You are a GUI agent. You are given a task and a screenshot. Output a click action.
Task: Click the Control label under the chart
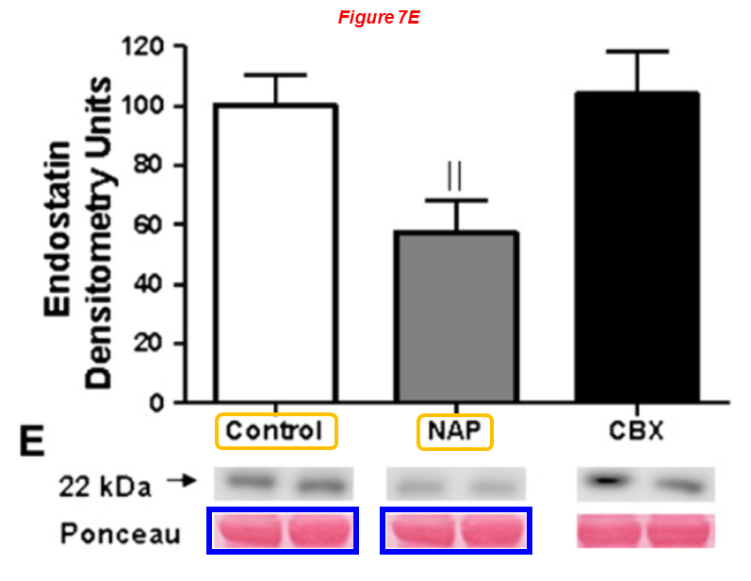point(276,431)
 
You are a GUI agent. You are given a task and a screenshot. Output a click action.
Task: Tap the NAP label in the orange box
point(456,431)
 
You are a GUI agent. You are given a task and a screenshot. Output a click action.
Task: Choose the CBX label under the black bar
point(638,431)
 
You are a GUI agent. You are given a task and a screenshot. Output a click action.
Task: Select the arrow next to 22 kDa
point(180,481)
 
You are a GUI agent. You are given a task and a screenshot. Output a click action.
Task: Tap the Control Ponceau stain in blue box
point(282,530)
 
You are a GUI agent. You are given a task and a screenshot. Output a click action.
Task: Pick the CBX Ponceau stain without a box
point(645,530)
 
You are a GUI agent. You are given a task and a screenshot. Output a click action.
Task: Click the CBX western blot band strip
point(645,484)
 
